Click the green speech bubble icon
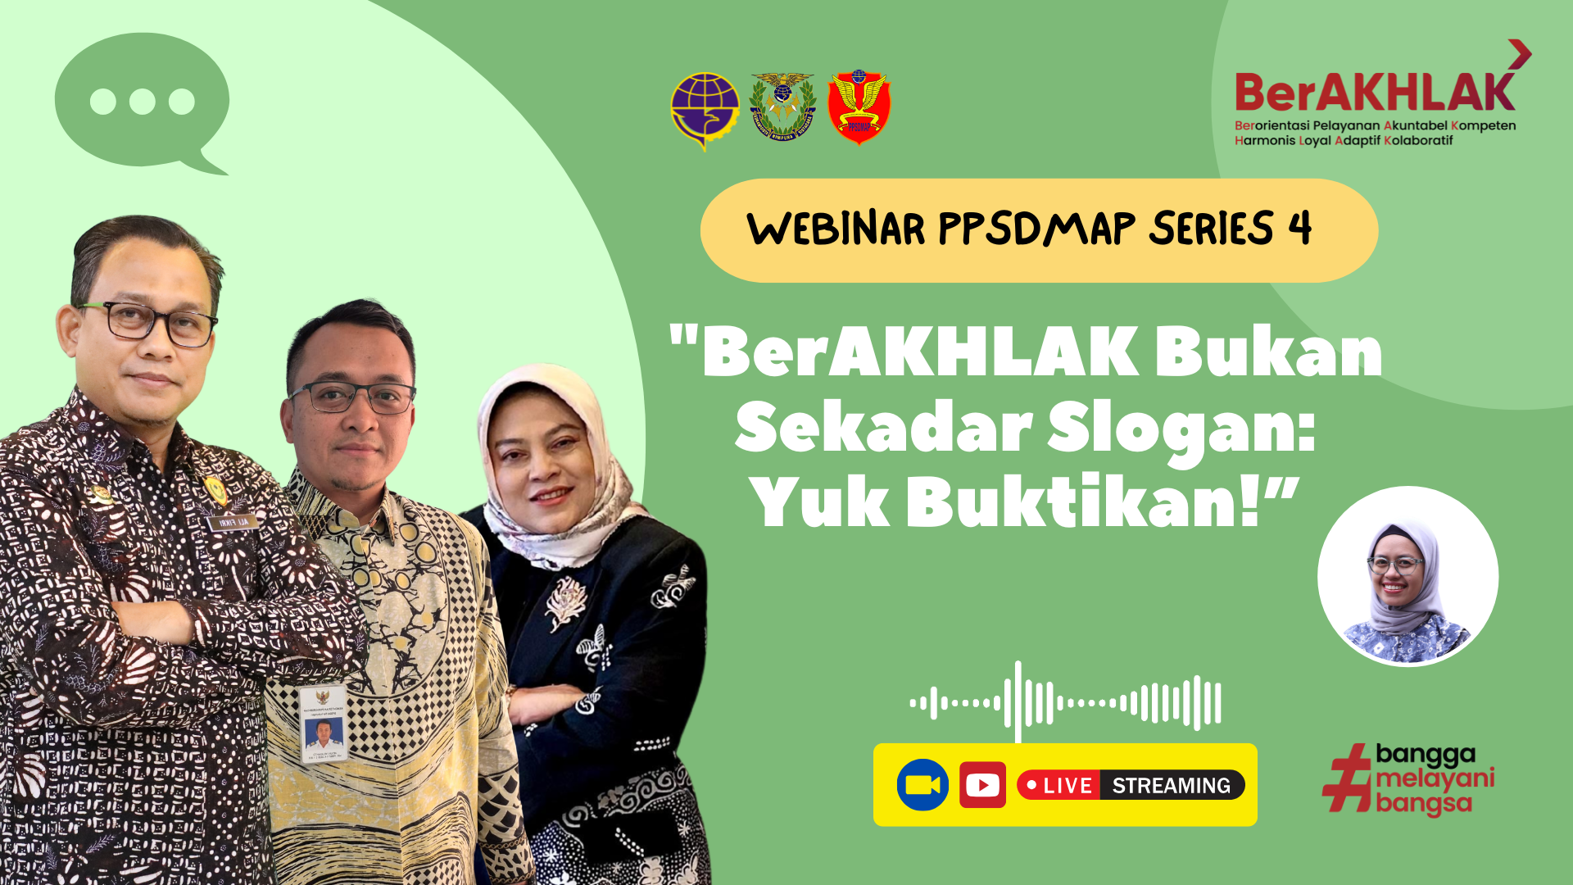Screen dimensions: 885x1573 [142, 101]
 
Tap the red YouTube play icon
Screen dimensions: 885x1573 [982, 785]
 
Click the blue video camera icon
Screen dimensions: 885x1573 [922, 785]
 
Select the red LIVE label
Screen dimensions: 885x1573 [1058, 785]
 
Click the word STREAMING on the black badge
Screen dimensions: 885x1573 [1171, 785]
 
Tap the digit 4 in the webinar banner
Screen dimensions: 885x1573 [1299, 228]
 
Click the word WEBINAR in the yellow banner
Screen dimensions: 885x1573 [836, 229]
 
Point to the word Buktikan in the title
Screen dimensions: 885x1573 [1081, 501]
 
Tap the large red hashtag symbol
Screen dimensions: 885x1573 [1347, 778]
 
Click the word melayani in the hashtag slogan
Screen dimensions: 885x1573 [1435, 778]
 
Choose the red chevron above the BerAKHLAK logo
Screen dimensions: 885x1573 [1520, 54]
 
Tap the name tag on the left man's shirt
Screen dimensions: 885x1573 [233, 522]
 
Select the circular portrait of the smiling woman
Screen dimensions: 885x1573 [1408, 576]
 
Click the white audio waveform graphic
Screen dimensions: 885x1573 [1065, 702]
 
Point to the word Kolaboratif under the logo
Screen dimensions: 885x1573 [1418, 141]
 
